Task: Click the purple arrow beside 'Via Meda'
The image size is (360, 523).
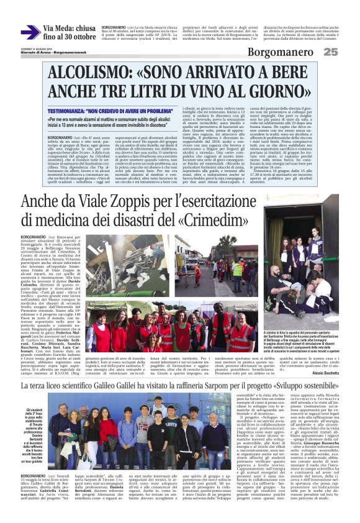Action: pyautogui.click(x=30, y=33)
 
